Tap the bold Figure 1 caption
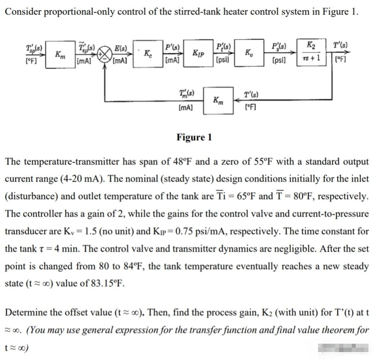pos(194,138)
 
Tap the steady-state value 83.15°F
pos(93,284)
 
